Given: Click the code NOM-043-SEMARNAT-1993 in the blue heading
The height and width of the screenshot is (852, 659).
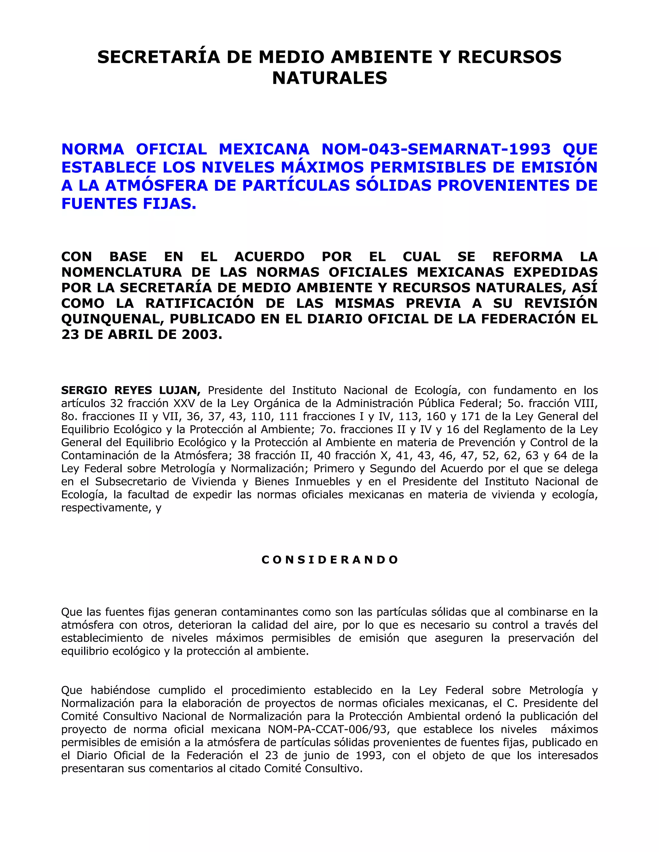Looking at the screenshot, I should (x=436, y=149).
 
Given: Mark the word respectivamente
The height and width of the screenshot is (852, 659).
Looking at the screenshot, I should (x=105, y=508).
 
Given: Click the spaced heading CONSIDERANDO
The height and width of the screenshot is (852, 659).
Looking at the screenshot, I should (x=329, y=560).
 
